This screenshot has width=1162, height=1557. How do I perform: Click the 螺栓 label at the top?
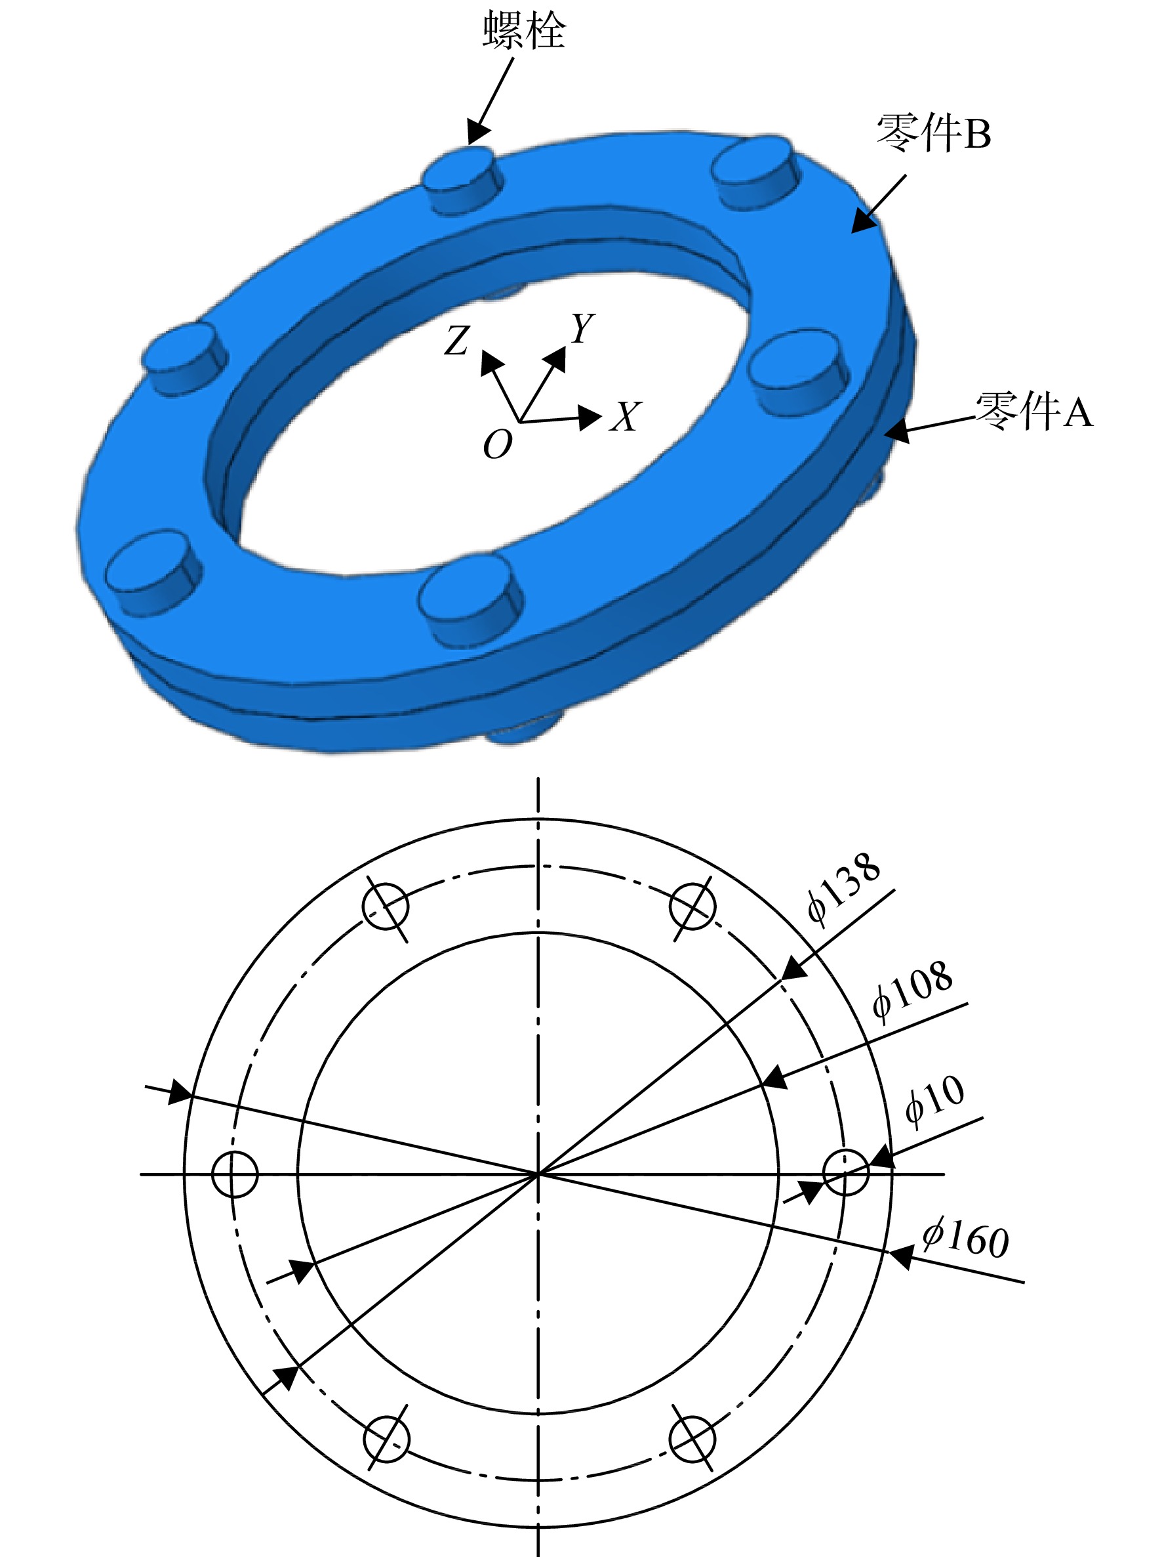(525, 31)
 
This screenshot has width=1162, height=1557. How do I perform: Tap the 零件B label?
(934, 133)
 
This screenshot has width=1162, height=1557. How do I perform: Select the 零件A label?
(1034, 410)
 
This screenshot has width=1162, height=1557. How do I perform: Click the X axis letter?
(626, 416)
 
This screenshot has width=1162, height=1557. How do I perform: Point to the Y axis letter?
(582, 328)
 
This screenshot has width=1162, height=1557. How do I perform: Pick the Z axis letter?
(457, 341)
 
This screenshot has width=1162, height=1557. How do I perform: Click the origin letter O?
(497, 444)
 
